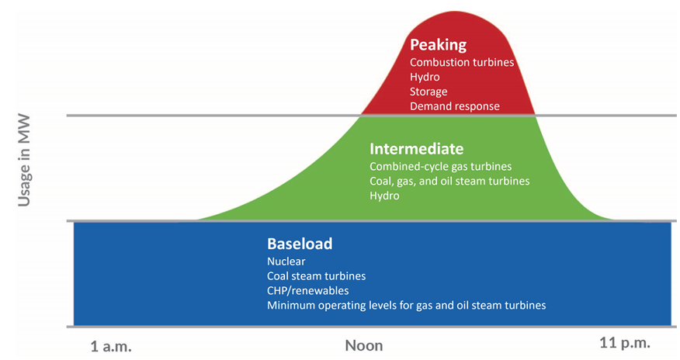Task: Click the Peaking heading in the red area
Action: coord(438,45)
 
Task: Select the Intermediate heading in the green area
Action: coord(416,149)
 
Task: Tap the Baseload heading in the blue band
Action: coord(300,244)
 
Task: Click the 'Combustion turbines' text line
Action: coord(462,62)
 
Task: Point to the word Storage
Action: coord(428,92)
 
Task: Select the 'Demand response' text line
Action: coord(454,106)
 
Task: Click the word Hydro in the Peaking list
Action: coord(425,77)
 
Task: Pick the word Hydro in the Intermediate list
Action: coord(384,196)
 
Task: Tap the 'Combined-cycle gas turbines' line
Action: coord(441,167)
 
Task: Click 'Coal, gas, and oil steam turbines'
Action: coord(449,181)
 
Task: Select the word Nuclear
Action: coord(286,261)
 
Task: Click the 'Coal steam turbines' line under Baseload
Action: coord(316,276)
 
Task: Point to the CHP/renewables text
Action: coord(308,291)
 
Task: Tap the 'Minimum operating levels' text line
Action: coord(406,306)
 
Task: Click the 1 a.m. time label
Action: coord(111,347)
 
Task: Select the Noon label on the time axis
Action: coord(364,346)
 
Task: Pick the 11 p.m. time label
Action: coord(625,344)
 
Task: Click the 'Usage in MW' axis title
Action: coord(24,161)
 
